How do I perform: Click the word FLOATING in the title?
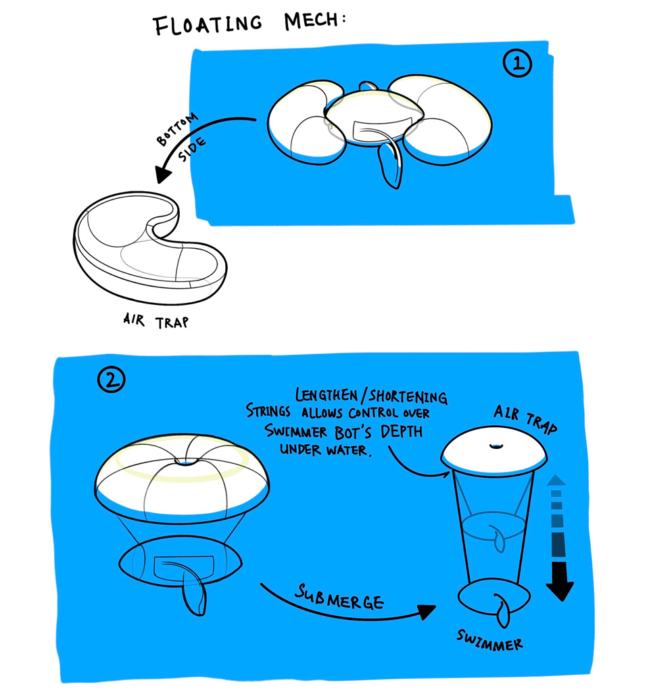[x=208, y=24]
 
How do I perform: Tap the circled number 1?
[x=517, y=64]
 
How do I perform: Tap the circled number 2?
[x=111, y=379]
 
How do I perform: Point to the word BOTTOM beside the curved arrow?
[x=176, y=129]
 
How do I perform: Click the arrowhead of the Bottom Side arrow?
[x=162, y=173]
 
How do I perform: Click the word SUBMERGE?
[x=339, y=598]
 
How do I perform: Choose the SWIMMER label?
[x=489, y=640]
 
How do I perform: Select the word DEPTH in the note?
[x=402, y=431]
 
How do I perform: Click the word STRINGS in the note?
[x=268, y=411]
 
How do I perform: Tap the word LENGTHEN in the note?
[x=327, y=395]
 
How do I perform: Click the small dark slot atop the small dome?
[x=495, y=446]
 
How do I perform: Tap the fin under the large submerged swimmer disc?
[x=195, y=596]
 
